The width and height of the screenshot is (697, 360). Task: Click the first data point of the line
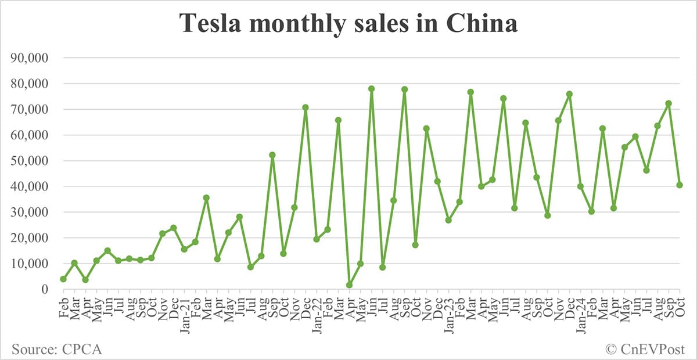[63, 279]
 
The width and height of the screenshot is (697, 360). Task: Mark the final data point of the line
[680, 185]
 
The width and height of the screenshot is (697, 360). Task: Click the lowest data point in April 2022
[349, 285]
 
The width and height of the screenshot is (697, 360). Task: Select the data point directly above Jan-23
[448, 221]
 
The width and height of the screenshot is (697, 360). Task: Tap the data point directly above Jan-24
[580, 186]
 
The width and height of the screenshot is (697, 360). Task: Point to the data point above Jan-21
[184, 249]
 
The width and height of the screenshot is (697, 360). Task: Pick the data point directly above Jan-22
[317, 239]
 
